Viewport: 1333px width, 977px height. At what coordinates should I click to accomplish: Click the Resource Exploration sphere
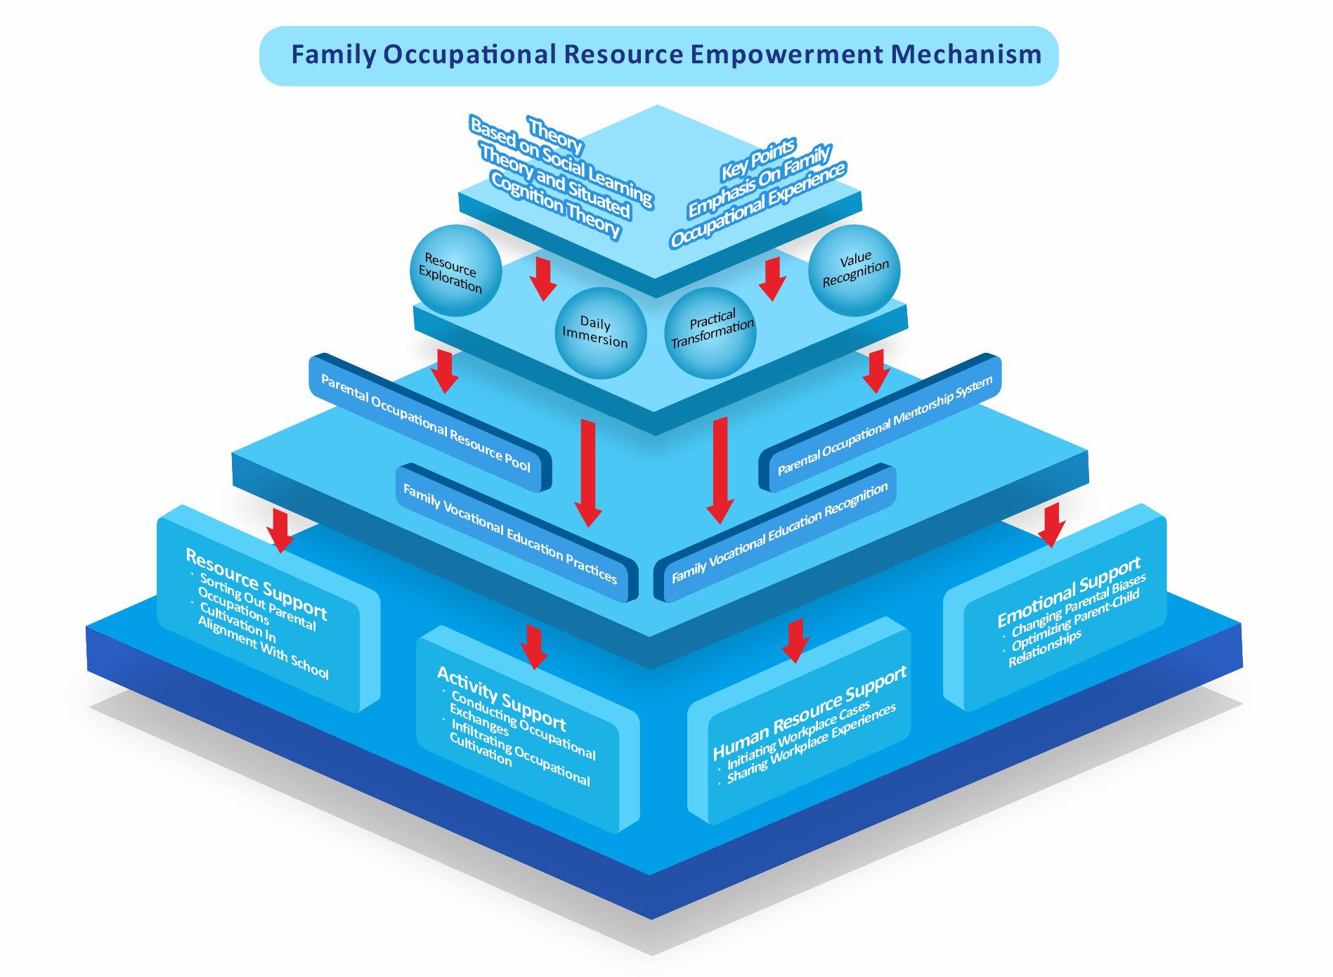[455, 271]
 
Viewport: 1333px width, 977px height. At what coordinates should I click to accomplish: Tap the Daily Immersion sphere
[601, 332]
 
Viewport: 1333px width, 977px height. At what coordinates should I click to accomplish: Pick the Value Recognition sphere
[854, 270]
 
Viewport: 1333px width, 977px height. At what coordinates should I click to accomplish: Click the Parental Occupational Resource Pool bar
[426, 422]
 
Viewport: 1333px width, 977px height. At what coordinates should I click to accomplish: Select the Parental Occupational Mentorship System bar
[885, 426]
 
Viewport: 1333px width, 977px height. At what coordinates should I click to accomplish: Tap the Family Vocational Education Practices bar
[509, 534]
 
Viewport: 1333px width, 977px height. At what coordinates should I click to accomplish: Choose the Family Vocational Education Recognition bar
[779, 533]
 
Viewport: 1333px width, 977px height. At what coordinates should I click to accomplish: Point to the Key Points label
[758, 159]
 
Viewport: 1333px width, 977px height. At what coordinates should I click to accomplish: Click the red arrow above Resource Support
[280, 531]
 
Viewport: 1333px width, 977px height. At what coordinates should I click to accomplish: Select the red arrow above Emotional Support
[1051, 524]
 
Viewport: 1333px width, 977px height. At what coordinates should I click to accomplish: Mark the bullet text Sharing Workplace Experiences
[812, 744]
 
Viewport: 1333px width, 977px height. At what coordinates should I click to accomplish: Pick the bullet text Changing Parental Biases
[1079, 605]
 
